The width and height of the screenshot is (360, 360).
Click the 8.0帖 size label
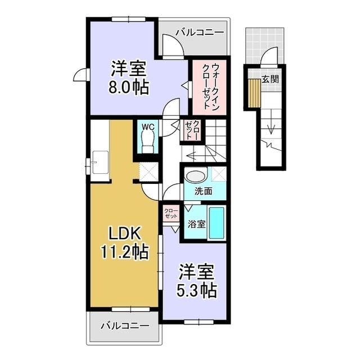[129, 89]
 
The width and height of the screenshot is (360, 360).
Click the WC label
[148, 127]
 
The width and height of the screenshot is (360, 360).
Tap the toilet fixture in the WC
[148, 143]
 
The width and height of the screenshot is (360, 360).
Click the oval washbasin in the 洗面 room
[196, 175]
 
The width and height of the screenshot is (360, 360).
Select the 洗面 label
[203, 191]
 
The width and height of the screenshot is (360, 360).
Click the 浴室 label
[196, 223]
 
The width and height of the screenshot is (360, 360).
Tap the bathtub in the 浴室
[217, 223]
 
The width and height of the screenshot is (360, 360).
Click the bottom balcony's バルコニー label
[125, 325]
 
